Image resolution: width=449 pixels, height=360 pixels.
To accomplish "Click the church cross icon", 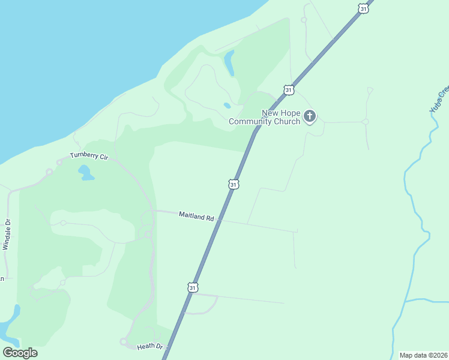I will (x=309, y=115).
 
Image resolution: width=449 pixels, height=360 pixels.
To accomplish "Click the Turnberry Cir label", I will (x=88, y=156).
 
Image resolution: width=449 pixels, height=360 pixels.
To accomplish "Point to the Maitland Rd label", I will (x=196, y=216).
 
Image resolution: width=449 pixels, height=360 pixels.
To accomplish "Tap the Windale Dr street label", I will (x=7, y=234).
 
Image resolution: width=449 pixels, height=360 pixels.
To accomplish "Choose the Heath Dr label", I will (x=150, y=346).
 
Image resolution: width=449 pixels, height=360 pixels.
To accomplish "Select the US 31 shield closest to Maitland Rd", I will (x=234, y=184).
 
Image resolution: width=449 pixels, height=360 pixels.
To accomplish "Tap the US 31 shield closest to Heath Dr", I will (x=192, y=287).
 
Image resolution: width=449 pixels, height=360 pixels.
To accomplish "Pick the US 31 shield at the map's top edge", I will (x=362, y=8).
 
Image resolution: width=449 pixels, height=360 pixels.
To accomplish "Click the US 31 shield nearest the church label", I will (x=289, y=89).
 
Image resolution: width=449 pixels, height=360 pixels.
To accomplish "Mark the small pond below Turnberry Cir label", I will (x=85, y=173).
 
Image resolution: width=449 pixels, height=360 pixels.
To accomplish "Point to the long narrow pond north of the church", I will (x=229, y=62).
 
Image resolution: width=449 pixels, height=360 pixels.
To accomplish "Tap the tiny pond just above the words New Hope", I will (x=227, y=106).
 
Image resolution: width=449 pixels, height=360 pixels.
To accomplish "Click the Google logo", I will (x=20, y=353).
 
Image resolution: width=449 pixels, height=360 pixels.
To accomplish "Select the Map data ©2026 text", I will (x=423, y=355).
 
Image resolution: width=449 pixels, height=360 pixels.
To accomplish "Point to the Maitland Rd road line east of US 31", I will (x=258, y=226).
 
